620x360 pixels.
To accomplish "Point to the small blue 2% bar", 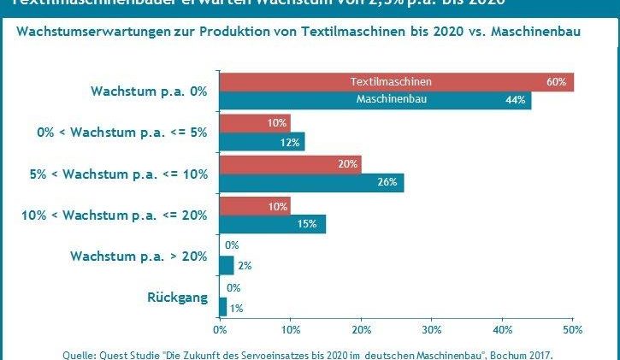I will (x=226, y=265).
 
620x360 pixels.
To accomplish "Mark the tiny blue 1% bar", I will (x=223, y=306).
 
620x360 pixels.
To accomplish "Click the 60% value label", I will (x=557, y=82).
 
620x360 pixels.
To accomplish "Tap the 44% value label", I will (x=516, y=100).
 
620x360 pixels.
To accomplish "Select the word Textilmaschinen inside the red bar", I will (x=391, y=82).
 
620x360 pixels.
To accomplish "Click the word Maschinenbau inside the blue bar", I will (x=391, y=99).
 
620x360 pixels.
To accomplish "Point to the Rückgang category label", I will (x=174, y=298).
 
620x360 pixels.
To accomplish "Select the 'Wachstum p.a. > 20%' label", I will (x=138, y=257).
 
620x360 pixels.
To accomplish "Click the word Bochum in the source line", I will (x=514, y=354).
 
